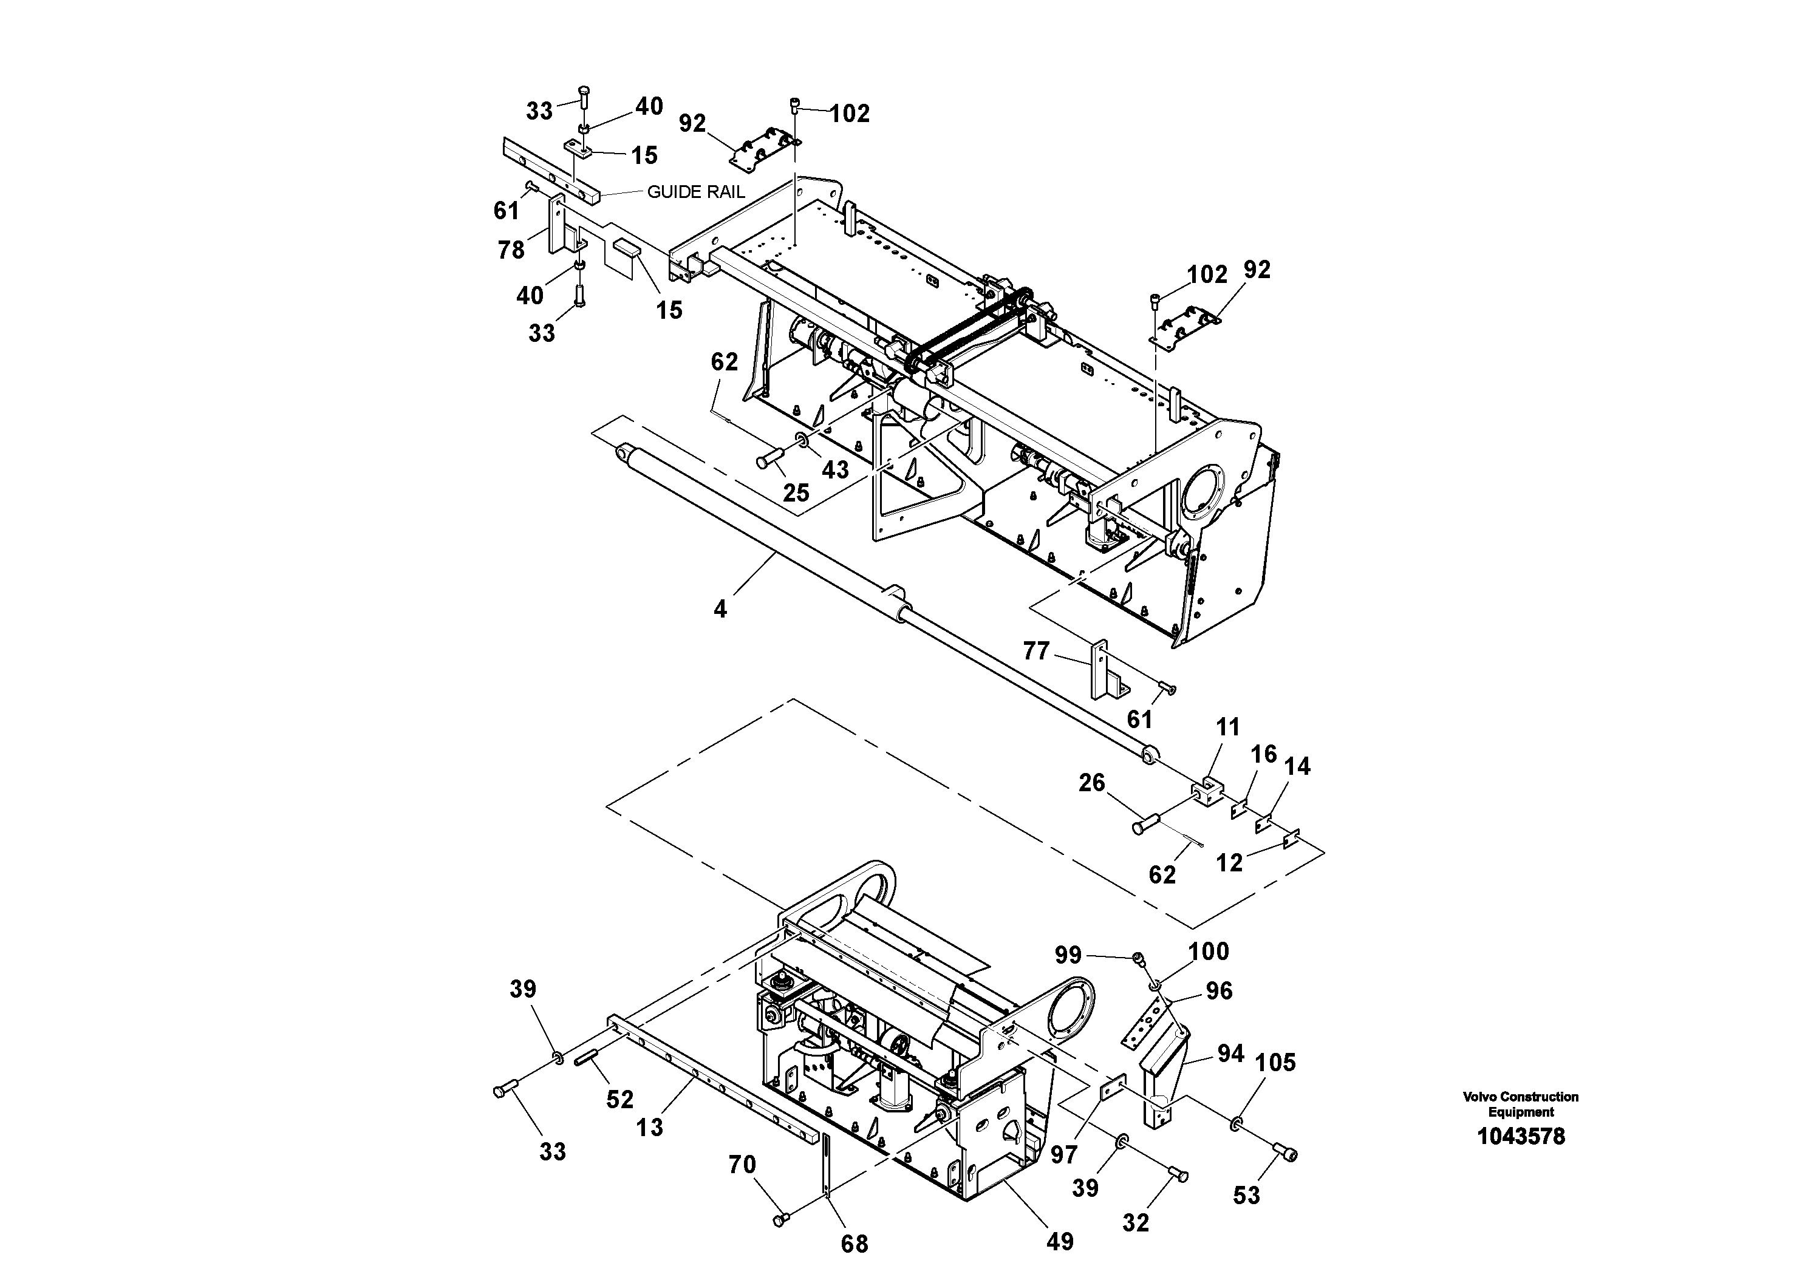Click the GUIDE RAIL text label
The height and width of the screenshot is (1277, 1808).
click(x=695, y=192)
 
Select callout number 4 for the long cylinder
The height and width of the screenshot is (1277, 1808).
click(x=720, y=608)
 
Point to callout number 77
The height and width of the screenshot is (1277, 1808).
click(x=1036, y=651)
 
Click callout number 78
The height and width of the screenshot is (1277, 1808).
click(x=511, y=250)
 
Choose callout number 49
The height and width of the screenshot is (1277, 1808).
click(x=1060, y=1242)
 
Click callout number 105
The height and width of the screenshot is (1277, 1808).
click(x=1275, y=1063)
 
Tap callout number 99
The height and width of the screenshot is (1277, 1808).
click(x=1068, y=955)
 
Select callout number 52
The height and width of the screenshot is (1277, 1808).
click(x=619, y=1100)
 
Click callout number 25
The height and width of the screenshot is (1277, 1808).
click(x=796, y=493)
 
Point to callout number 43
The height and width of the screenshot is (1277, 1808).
click(x=836, y=470)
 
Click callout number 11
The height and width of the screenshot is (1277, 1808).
click(x=1227, y=727)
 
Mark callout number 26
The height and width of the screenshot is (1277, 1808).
click(x=1091, y=783)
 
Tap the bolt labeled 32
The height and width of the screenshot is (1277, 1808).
click(x=1179, y=1174)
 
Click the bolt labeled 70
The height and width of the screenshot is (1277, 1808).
click(x=781, y=1219)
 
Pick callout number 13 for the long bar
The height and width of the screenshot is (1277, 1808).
click(x=650, y=1128)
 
